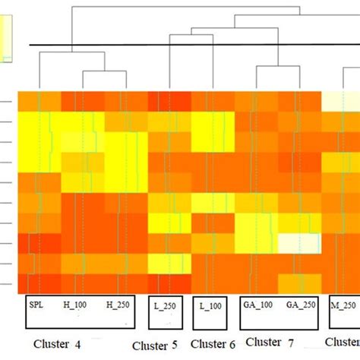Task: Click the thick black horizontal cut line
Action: coord(190,45)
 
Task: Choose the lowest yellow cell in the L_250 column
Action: coord(169,262)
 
